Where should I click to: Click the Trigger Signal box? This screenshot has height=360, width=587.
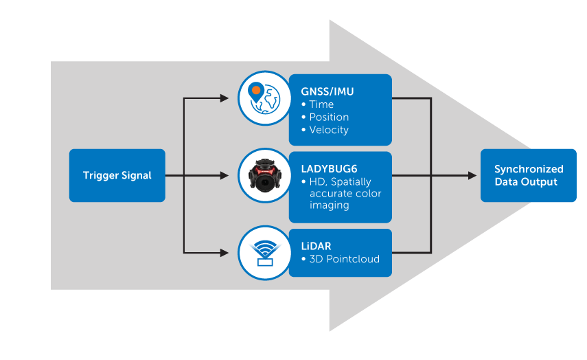tap(117, 175)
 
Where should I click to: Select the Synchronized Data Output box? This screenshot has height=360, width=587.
tap(528, 175)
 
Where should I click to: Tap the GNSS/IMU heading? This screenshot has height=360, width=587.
tap(327, 91)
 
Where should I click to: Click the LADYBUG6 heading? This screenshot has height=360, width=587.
tap(330, 168)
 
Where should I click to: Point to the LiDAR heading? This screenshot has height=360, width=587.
tap(316, 245)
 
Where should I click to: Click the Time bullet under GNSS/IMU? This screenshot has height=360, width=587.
tap(321, 104)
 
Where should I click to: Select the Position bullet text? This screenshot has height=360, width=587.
tap(329, 117)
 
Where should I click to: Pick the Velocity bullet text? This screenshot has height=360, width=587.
tap(329, 130)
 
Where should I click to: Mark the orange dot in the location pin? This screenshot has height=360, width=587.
tap(255, 90)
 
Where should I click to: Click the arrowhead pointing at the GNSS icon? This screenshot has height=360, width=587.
tap(224, 98)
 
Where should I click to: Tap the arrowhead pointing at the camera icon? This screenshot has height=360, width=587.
tap(224, 175)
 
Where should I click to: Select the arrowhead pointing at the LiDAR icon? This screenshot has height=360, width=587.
tap(224, 253)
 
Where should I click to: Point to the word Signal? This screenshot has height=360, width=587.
tap(136, 175)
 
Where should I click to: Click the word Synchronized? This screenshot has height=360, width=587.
tap(529, 169)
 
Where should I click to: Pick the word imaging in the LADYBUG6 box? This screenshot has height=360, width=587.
tap(330, 205)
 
